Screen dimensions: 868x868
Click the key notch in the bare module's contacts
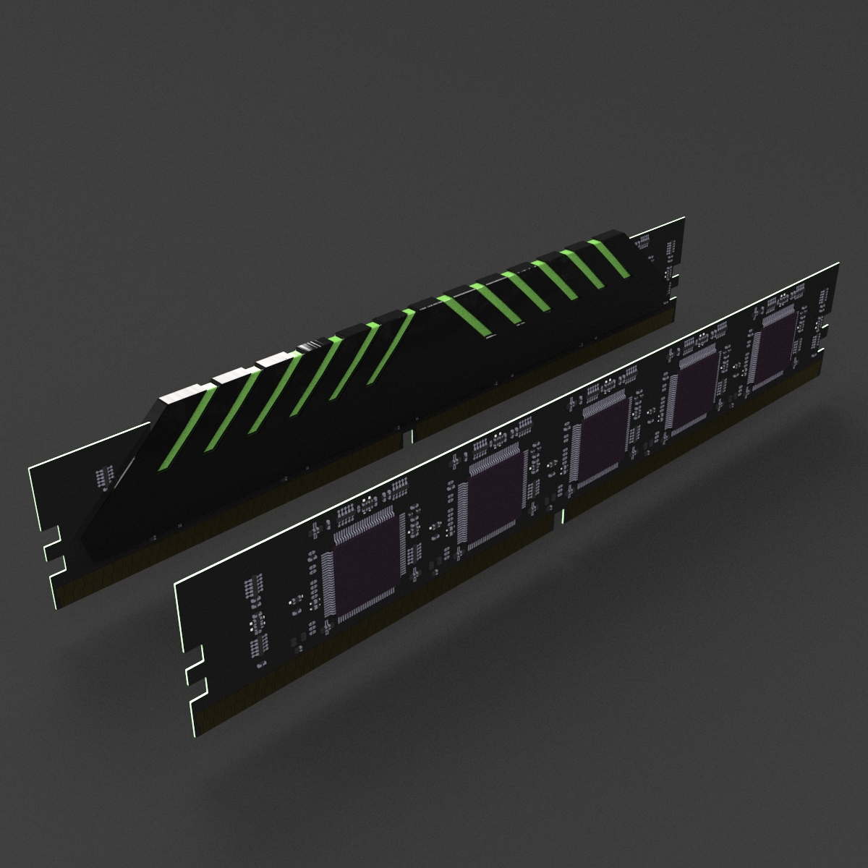(x=563, y=516)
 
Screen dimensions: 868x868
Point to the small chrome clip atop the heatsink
(x=308, y=346)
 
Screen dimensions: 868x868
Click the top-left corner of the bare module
(x=176, y=582)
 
